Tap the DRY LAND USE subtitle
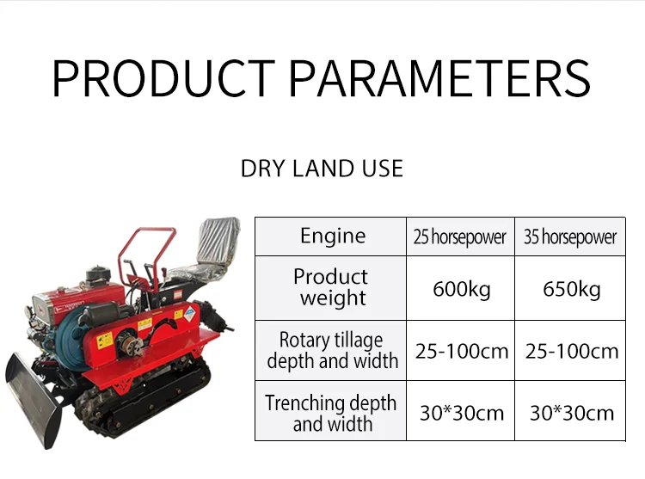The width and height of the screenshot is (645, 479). [322, 169]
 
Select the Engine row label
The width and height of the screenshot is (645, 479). [332, 236]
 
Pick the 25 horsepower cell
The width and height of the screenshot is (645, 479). [460, 236]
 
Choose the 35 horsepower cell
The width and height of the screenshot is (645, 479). [570, 236]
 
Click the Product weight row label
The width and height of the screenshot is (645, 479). [331, 287]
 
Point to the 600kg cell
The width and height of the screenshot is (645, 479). [461, 289]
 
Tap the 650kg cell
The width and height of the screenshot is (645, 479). [571, 289]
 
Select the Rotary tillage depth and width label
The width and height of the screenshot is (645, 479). [332, 350]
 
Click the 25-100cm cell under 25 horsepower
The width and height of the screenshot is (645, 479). [462, 351]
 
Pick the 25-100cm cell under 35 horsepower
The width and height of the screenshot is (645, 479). [572, 351]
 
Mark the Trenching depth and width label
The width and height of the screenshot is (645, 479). [331, 413]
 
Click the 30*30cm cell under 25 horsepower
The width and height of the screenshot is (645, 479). [462, 413]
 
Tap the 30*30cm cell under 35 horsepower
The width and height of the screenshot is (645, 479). [572, 413]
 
